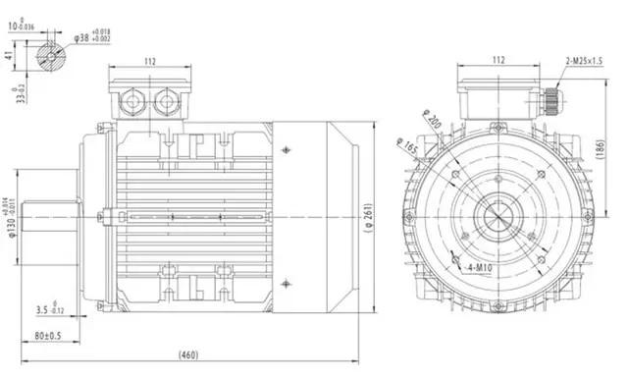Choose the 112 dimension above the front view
tap(498, 59)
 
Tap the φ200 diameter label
tap(430, 123)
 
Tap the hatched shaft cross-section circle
tap(51, 55)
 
